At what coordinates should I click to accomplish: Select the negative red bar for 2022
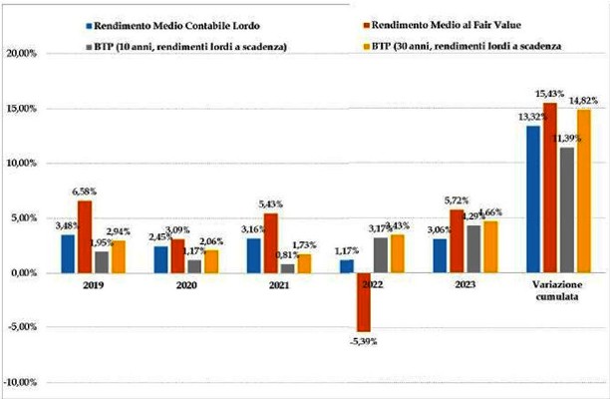point(365,302)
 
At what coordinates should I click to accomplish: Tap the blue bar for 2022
point(346,266)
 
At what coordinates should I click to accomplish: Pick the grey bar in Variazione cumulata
point(567,209)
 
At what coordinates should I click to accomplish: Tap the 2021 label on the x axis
point(280,283)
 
